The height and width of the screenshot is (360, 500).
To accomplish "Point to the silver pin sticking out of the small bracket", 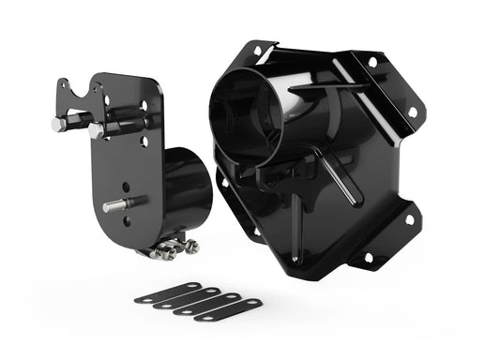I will click(x=115, y=205).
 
